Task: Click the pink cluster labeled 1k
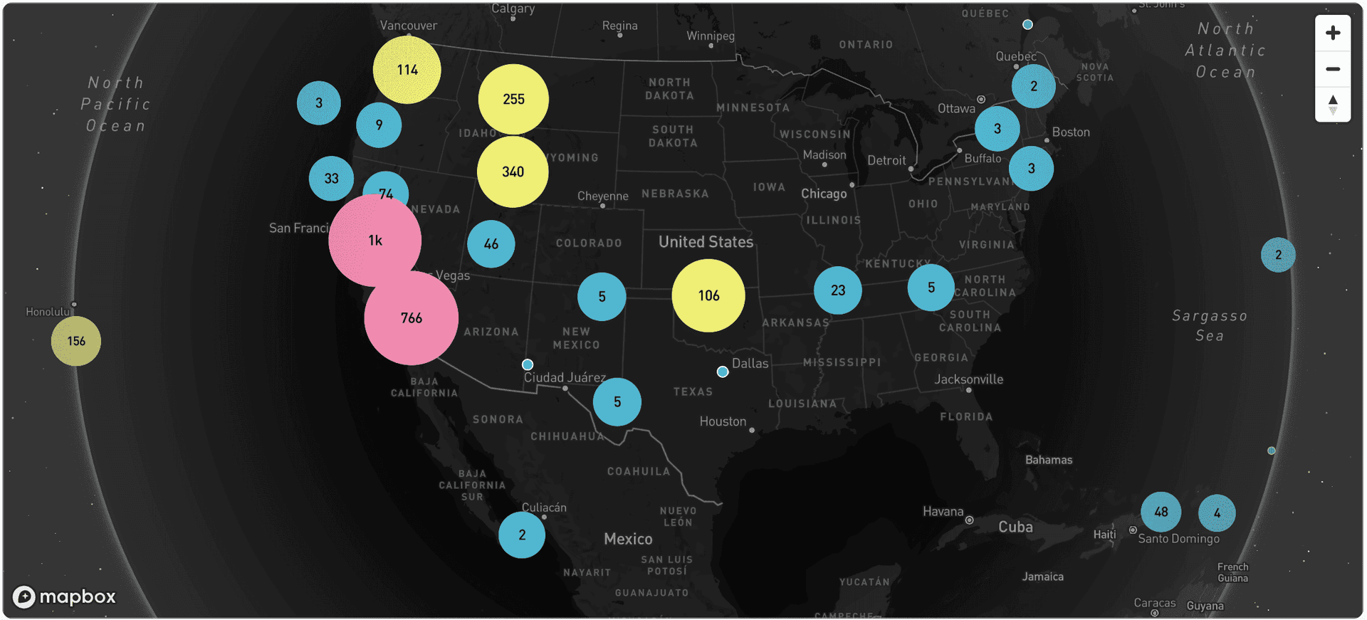[x=375, y=241]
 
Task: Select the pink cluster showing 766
[x=411, y=318]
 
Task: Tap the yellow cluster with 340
[x=513, y=172]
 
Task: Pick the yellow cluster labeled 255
[x=513, y=99]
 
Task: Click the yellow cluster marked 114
[x=407, y=70]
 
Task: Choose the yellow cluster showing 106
[x=708, y=295]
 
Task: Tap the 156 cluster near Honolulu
[x=76, y=341]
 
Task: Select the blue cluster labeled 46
[x=491, y=244]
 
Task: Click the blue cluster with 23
[x=838, y=290]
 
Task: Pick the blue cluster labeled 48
[x=1161, y=512]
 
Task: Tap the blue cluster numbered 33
[x=332, y=179]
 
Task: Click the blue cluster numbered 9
[x=379, y=125]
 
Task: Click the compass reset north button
[x=1333, y=105]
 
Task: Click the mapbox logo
[x=64, y=597]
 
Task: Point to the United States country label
[x=706, y=242]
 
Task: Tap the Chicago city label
[x=824, y=194]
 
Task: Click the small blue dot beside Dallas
[x=723, y=372]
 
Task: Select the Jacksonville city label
[x=968, y=379]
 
